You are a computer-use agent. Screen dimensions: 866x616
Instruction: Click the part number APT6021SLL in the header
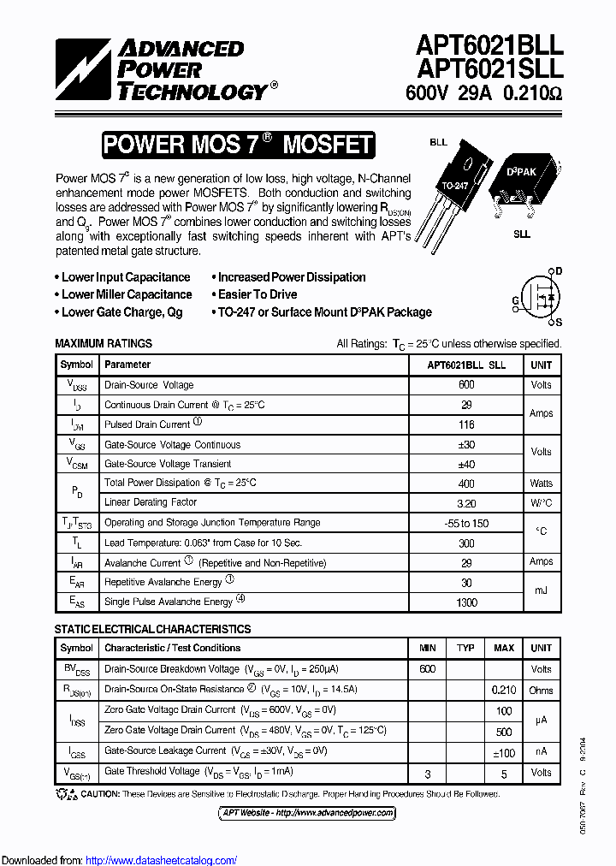point(489,69)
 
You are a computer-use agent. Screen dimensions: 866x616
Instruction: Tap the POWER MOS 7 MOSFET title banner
point(238,145)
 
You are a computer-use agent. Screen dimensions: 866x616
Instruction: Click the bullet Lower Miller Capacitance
point(127,294)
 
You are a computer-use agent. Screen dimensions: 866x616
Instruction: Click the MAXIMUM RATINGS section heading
point(104,343)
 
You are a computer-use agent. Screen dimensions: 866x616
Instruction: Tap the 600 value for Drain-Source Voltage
point(466,385)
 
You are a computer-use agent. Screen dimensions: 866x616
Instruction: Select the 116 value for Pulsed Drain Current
point(466,424)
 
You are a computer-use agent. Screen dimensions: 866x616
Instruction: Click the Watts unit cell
point(541,483)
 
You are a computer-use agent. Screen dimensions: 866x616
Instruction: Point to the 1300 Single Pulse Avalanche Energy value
point(466,602)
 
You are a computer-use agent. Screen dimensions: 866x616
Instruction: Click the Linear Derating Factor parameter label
point(151,502)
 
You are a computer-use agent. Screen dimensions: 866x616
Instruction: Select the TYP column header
point(465,648)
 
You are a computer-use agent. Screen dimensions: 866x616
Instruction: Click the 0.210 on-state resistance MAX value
point(504,689)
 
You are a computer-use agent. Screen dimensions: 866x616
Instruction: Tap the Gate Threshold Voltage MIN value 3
point(428,773)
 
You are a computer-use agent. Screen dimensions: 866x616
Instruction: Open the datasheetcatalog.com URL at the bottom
point(162,860)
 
